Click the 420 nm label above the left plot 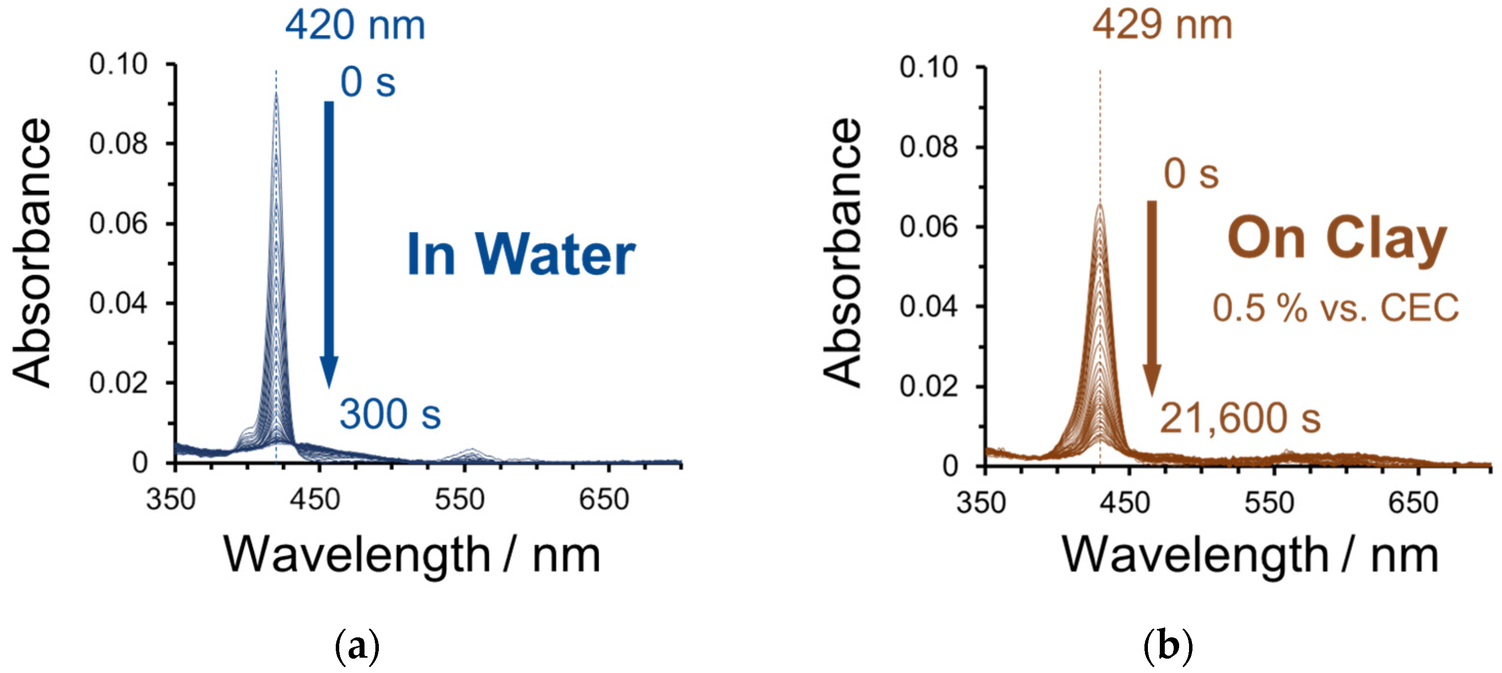(x=355, y=26)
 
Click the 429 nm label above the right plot (x=1162, y=26)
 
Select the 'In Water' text (x=520, y=255)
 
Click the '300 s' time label (x=390, y=414)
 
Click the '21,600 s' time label (x=1240, y=418)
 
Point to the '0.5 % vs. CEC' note (x=1335, y=308)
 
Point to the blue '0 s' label (x=368, y=82)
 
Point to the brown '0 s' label (x=1191, y=174)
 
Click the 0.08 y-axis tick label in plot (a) (x=118, y=144)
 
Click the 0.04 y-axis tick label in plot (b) (x=929, y=306)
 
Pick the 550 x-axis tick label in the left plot (x=460, y=500)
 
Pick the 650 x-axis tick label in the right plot (x=1413, y=502)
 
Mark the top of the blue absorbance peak (x=276, y=95)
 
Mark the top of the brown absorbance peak (x=1100, y=205)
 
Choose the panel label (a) (x=358, y=646)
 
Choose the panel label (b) (x=1168, y=646)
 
